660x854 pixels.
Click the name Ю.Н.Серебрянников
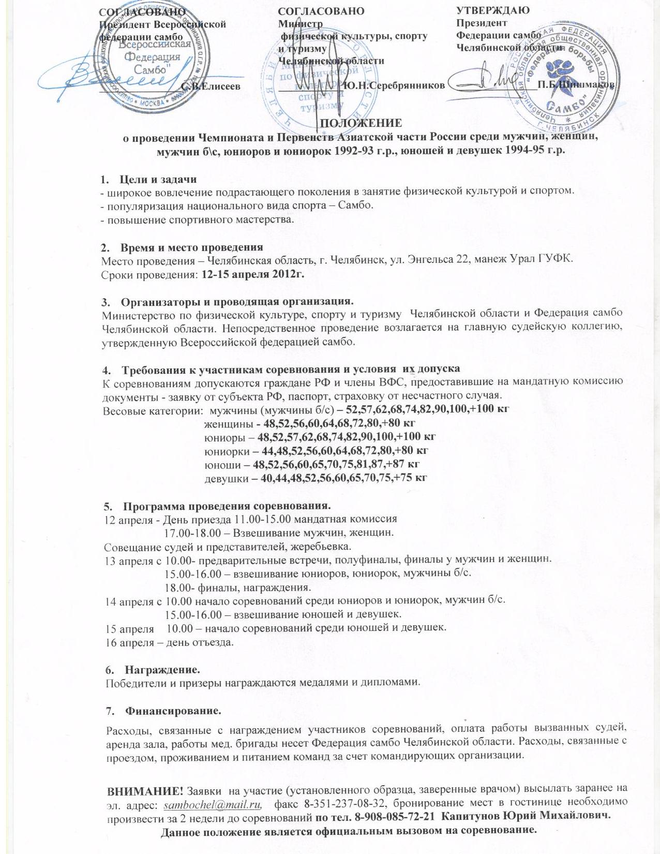coord(394,85)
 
